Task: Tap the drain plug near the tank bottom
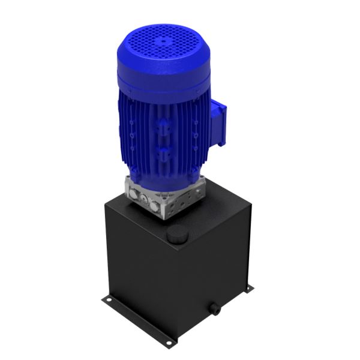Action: point(214,310)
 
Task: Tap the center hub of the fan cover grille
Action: point(161,42)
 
